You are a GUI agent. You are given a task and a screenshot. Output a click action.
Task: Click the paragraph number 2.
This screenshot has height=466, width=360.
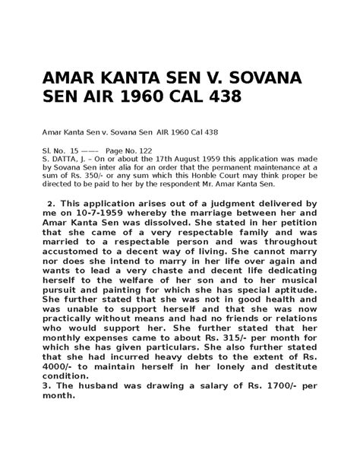point(50,204)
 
